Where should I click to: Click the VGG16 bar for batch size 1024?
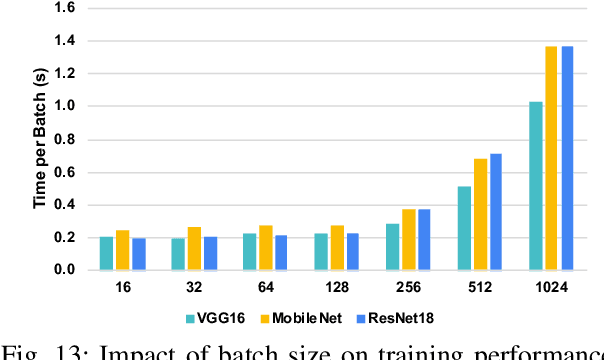pyautogui.click(x=535, y=186)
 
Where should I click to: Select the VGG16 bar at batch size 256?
pyautogui.click(x=392, y=247)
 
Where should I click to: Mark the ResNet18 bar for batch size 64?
pyautogui.click(x=282, y=252)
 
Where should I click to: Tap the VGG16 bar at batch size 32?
pyautogui.click(x=178, y=254)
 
